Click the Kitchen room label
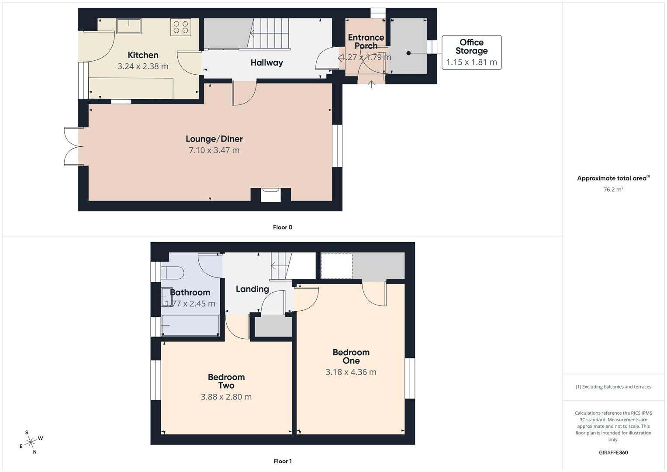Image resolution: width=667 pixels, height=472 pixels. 143,55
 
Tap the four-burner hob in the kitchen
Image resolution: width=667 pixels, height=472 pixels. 181,27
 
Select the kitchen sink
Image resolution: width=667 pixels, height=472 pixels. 129,26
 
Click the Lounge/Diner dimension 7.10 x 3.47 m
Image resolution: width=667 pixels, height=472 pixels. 214,150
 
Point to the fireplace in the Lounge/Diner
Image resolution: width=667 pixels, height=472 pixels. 271,194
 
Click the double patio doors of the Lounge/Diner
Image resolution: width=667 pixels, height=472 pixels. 73,146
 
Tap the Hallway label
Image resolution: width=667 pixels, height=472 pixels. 266,63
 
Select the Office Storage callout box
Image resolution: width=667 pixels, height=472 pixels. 471,52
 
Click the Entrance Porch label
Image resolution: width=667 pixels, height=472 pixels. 366,42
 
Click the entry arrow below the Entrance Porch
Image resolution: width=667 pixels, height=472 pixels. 371,84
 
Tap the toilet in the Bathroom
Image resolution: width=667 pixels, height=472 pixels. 172,273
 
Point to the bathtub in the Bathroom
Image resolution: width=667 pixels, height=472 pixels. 190,325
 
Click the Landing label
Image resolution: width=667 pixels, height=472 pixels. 252,289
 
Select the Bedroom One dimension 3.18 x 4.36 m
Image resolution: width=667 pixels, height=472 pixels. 351,372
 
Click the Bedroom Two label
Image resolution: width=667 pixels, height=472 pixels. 226,381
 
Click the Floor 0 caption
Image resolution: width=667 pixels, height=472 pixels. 283,227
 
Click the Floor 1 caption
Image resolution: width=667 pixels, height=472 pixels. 283,461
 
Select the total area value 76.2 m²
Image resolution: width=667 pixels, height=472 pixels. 613,190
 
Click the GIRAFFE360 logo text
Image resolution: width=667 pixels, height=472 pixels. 613,453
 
